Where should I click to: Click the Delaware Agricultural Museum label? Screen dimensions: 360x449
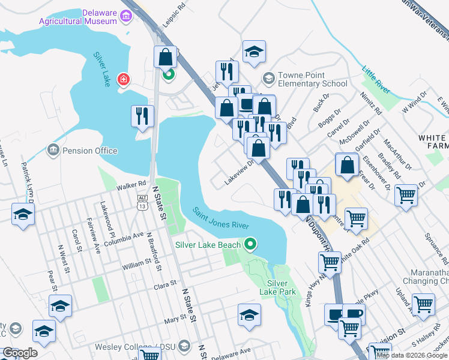77,17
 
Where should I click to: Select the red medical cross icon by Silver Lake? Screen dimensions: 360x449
123,79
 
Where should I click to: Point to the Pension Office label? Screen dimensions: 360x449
89,151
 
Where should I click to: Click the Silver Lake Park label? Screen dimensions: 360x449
277,287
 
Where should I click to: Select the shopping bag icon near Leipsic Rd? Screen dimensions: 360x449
165,57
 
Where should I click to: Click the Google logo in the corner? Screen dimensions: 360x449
20,353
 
